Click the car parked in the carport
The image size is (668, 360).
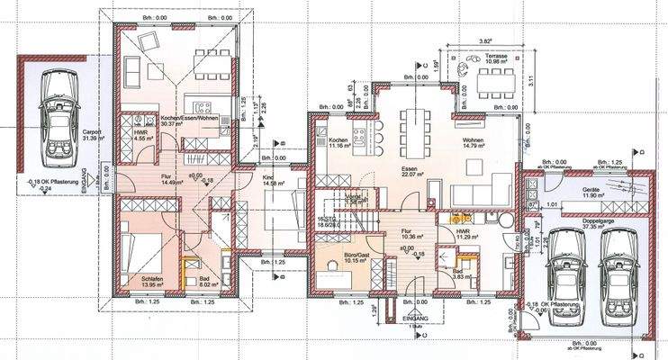[x=54, y=113]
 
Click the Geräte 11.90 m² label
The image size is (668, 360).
[x=591, y=193]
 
